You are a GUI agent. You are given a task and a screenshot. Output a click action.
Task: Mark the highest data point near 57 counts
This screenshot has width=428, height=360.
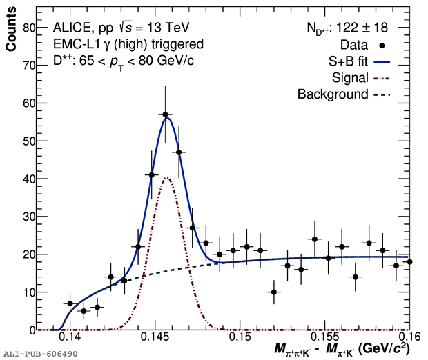point(165,114)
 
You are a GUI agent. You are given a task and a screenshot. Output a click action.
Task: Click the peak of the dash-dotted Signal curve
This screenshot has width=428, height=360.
point(166,178)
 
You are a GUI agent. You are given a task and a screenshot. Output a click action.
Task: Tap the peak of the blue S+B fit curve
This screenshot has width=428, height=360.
point(166,118)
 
